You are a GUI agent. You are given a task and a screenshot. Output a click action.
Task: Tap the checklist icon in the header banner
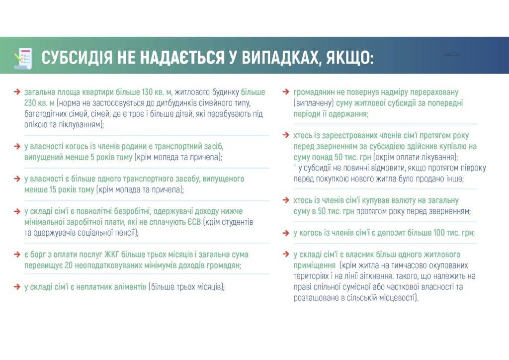[x=23, y=58]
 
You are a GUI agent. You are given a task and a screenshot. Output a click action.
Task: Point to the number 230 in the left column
[x=30, y=103]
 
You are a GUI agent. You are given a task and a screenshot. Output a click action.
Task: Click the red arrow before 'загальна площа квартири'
[x=17, y=92]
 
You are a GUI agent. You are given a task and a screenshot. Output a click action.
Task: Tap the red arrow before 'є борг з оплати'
[x=17, y=255]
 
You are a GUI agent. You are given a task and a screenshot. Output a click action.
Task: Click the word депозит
[x=382, y=233]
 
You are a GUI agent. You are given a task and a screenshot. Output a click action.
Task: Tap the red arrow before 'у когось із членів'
[x=286, y=233]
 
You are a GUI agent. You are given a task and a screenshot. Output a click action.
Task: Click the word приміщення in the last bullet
[x=314, y=266]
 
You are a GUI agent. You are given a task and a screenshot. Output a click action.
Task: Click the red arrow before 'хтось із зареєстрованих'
[x=286, y=135]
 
